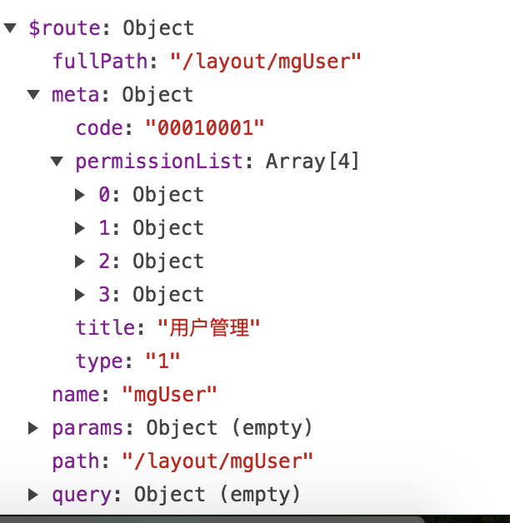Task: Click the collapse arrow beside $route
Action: [x=10, y=28]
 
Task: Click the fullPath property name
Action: [x=101, y=62]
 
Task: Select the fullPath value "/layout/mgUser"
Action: [x=266, y=62]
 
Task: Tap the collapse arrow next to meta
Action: [x=33, y=95]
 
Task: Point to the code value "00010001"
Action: [x=205, y=127]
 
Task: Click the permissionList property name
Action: [x=159, y=162]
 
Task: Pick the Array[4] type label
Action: [x=312, y=162]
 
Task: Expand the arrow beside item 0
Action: [x=80, y=195]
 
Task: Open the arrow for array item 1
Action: [x=80, y=228]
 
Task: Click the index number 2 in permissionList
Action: [x=104, y=261]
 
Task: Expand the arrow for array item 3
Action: [x=80, y=295]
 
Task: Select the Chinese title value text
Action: [x=209, y=327]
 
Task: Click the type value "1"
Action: [x=162, y=361]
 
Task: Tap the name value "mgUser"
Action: [x=169, y=395]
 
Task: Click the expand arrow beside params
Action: [x=32, y=428]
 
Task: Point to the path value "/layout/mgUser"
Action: [x=217, y=461]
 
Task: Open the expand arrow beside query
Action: [x=32, y=495]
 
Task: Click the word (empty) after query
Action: [x=260, y=495]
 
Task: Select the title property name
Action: [x=105, y=327]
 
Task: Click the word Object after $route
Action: [x=158, y=28]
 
